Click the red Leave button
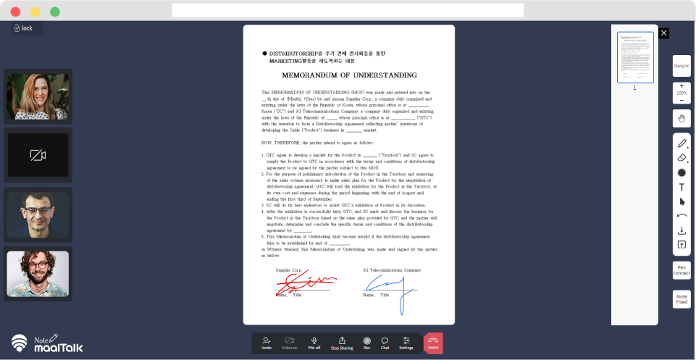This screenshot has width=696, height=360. coord(433,343)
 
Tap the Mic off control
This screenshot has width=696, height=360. coord(314,343)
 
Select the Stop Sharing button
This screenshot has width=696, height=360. coord(342,343)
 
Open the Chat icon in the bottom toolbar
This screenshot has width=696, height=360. coord(385,343)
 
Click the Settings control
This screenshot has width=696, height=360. coord(406,343)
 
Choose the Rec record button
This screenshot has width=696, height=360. coord(367,343)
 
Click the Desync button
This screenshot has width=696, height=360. coord(682,66)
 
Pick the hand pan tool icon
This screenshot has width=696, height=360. coord(682,118)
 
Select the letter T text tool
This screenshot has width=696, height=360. coord(682,187)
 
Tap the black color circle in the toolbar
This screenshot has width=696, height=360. coord(682,172)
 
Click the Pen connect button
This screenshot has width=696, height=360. coord(682,270)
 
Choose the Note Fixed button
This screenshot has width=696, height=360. coord(682,298)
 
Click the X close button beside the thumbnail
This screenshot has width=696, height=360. coord(664,33)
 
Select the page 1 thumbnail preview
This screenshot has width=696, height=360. coord(635,57)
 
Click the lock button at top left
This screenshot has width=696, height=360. coord(23,28)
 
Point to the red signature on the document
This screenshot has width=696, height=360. coord(304,282)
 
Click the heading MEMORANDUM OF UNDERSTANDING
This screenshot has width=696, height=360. coord(349,75)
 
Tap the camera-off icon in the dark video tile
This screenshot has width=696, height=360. coord(38,155)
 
